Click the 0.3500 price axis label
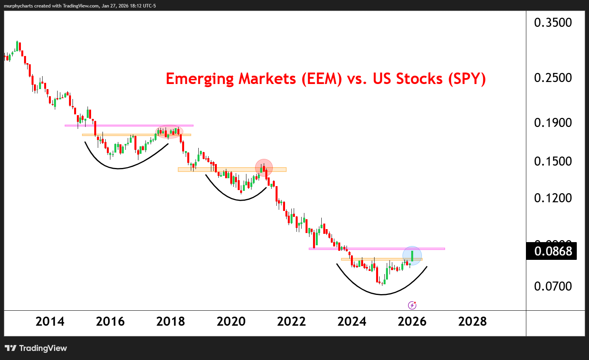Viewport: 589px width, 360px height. tap(553, 22)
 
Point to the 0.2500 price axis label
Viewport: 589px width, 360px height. tap(553, 78)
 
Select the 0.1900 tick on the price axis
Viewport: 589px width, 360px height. tap(553, 123)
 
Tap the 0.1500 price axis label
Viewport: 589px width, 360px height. tap(553, 161)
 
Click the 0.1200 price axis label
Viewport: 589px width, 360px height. tap(553, 198)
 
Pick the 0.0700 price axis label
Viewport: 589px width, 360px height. tap(553, 286)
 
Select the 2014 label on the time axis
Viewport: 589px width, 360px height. tap(50, 322)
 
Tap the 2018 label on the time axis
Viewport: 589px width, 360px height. tap(170, 322)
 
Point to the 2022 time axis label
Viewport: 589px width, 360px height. tap(291, 322)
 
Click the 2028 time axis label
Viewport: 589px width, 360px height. tap(472, 322)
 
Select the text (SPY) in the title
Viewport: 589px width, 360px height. tap(467, 79)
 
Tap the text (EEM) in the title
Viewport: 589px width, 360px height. tap(322, 79)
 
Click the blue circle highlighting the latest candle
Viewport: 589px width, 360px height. tap(412, 256)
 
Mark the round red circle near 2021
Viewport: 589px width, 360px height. tap(264, 168)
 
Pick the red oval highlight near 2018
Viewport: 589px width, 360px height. tap(170, 132)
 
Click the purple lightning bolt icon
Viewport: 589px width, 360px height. tap(412, 305)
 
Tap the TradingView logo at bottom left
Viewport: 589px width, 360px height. tap(36, 348)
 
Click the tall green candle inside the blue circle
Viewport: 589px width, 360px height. tap(412, 256)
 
